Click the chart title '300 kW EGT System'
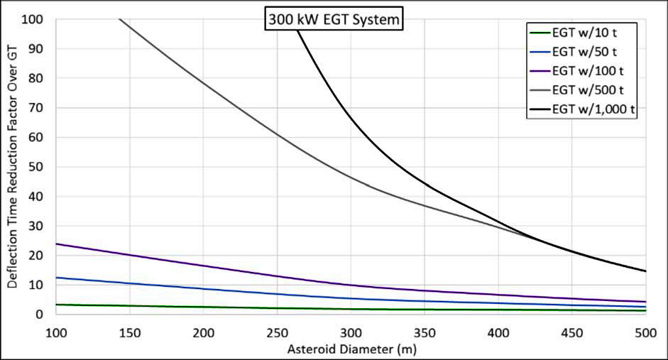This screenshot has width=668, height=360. tap(334, 19)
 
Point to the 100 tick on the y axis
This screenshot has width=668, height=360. tap(32, 20)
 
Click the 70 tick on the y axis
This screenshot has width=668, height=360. tap(35, 108)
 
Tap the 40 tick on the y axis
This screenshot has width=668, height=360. tap(35, 197)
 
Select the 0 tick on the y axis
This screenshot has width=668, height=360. tap(40, 315)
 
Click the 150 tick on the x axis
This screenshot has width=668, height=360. tap(129, 333)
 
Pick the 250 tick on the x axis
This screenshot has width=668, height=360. tap(277, 333)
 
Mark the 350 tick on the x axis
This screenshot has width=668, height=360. tap(425, 333)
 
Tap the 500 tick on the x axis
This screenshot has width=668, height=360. tap(646, 333)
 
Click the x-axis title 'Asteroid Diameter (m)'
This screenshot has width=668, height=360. tap(352, 349)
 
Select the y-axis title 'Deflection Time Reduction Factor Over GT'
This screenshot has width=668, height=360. tap(12, 167)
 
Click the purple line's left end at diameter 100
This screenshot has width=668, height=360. tap(56, 244)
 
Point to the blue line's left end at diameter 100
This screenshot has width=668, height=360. tap(56, 278)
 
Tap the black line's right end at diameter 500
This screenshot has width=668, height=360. tap(646, 271)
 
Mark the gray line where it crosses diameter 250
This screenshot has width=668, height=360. tap(277, 136)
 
